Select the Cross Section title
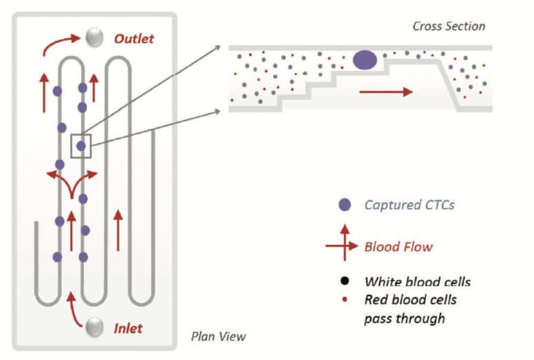[x=449, y=26]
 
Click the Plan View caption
[x=218, y=337]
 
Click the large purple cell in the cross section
[x=365, y=60]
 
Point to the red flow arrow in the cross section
[x=386, y=90]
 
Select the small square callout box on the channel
[x=81, y=146]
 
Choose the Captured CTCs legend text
[x=409, y=205]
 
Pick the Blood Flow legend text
[x=399, y=246]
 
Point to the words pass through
[x=404, y=318]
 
